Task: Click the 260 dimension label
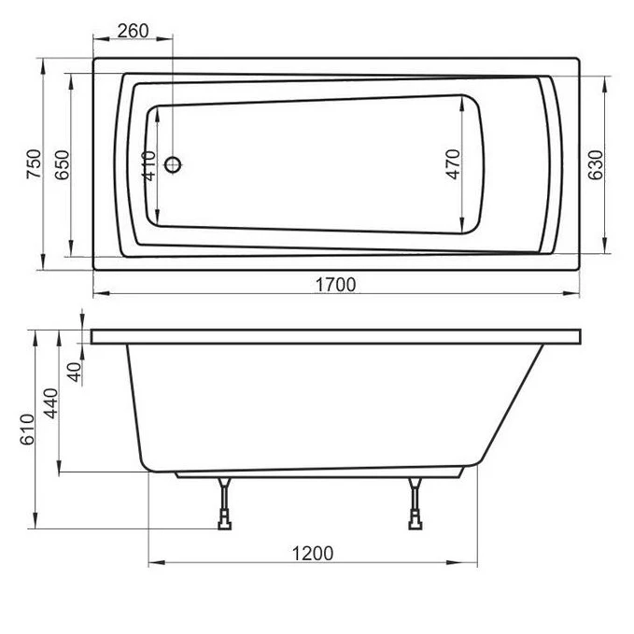pos(134,30)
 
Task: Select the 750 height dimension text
pos(35,164)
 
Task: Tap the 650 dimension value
pos(62,164)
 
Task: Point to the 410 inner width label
pos(150,165)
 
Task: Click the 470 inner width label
pos(453,164)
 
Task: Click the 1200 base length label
pos(313,553)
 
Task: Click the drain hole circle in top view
pos(174,166)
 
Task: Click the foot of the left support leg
pos(224,526)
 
